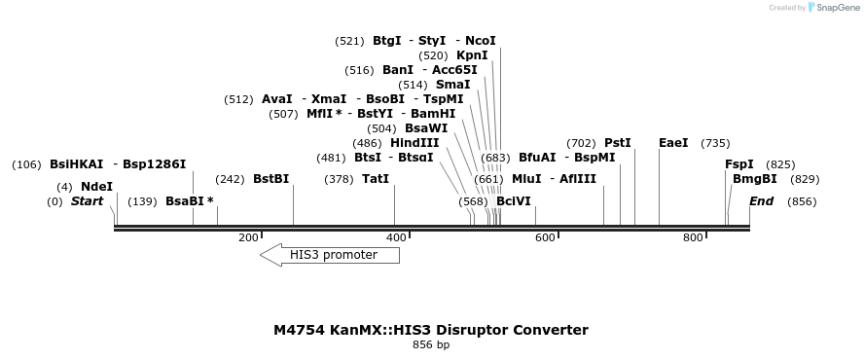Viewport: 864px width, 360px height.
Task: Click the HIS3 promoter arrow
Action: coord(330,255)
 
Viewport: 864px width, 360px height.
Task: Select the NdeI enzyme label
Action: coord(96,186)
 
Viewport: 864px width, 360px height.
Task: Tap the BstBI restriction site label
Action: coord(271,179)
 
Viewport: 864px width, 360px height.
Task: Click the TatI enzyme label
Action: coord(375,179)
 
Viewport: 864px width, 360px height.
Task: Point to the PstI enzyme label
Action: coord(618,142)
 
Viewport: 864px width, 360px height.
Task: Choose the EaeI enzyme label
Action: coord(673,142)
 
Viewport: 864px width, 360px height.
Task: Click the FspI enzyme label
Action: coord(739,164)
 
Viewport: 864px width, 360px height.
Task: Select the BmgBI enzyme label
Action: coord(755,179)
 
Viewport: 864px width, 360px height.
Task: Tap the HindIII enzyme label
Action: coord(414,142)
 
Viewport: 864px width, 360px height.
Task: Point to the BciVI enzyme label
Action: coord(514,201)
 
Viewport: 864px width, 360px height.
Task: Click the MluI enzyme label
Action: coord(526,179)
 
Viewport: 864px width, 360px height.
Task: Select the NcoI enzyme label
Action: coord(481,41)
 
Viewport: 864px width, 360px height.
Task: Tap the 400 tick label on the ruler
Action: coord(396,237)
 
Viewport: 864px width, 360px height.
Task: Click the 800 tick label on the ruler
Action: coord(693,237)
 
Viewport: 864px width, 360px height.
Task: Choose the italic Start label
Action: coord(87,201)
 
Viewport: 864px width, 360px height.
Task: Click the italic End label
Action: coord(761,201)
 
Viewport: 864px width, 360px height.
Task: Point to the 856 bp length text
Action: coord(431,344)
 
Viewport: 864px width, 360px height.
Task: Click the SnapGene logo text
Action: coord(838,8)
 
